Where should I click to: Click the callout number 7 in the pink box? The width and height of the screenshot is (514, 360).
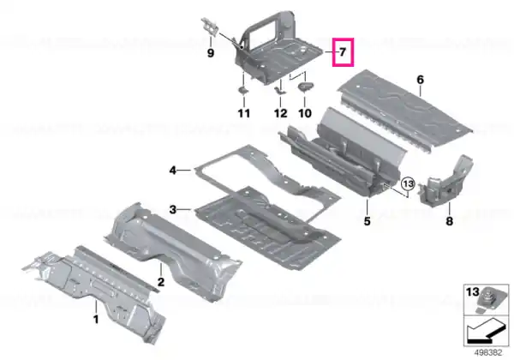[x=343, y=52]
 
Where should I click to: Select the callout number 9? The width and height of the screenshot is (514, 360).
[x=211, y=53]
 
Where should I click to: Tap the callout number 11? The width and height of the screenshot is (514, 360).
[x=244, y=113]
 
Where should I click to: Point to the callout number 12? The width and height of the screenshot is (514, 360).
[x=281, y=113]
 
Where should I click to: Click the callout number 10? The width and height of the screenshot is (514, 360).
[x=305, y=113]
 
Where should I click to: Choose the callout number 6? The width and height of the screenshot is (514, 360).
[x=421, y=80]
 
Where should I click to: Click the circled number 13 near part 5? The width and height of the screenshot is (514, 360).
[x=408, y=184]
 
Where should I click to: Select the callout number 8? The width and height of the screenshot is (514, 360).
[x=450, y=221]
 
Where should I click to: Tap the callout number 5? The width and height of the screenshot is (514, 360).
[x=368, y=221]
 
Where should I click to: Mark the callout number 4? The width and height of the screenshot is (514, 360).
[x=173, y=171]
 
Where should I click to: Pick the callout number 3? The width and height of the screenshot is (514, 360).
[x=173, y=209]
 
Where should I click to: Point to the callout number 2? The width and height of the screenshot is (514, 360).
[x=161, y=282]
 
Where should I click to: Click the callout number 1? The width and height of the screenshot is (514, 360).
[x=96, y=319]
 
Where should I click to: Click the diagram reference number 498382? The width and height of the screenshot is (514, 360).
[x=488, y=353]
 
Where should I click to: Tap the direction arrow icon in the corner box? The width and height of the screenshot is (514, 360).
[x=486, y=331]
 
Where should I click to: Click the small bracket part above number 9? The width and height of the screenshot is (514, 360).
[x=209, y=27]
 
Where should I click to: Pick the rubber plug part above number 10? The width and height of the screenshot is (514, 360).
[x=306, y=87]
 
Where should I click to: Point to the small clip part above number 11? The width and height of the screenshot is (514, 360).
[x=243, y=89]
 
